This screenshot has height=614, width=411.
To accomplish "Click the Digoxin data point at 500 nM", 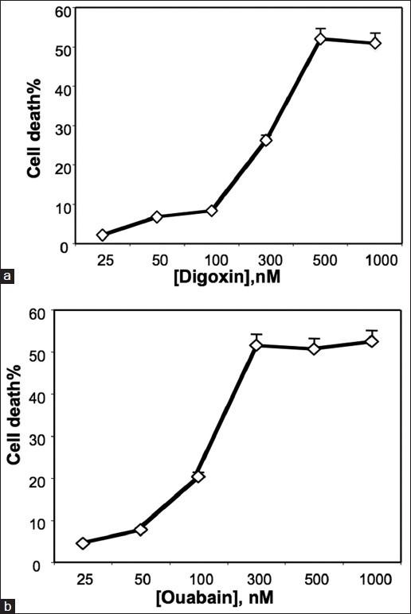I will point(320,39).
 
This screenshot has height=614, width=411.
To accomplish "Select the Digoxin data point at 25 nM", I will point(103,235).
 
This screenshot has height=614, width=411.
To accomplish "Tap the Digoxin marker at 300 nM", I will point(266,140).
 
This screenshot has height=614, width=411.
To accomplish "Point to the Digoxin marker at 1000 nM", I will point(374,43).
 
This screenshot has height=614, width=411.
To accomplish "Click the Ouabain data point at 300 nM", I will point(256,344).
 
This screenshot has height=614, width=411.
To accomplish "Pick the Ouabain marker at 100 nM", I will point(198,476).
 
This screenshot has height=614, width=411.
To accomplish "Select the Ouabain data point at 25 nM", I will point(83,543).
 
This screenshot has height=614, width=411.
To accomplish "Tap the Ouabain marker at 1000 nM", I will point(370,341).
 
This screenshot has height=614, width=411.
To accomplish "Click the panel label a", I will point(8,277).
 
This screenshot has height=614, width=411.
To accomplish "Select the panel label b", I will point(8,607).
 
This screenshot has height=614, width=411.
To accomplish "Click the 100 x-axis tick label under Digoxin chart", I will point(211,260).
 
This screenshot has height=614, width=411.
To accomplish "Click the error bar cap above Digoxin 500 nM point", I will point(320,29).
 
